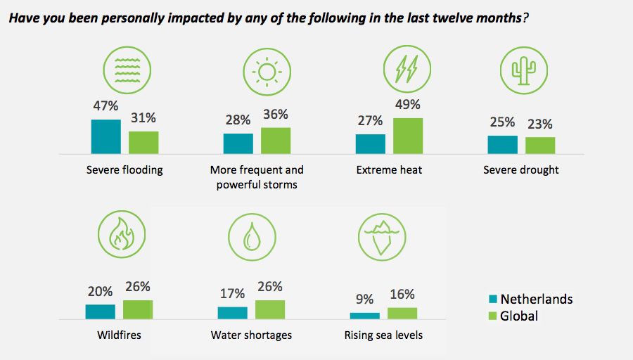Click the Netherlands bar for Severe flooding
(x=105, y=136)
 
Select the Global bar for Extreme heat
(x=408, y=136)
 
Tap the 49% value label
(x=408, y=105)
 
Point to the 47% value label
(x=105, y=107)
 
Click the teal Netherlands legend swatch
(x=493, y=299)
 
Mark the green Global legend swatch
(x=493, y=316)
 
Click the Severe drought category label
(x=521, y=170)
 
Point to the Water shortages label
(x=251, y=335)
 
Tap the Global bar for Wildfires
(x=138, y=310)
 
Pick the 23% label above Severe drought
(x=540, y=124)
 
